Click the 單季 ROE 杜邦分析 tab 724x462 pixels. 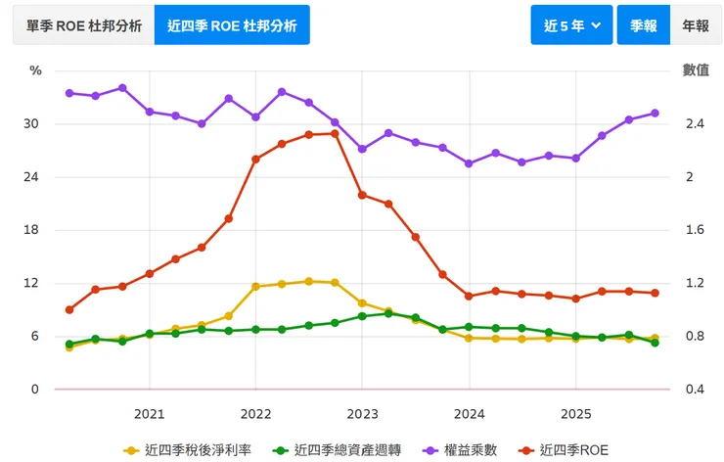click(x=83, y=25)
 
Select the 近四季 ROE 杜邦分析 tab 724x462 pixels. click(x=232, y=25)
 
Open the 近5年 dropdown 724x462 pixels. click(x=571, y=25)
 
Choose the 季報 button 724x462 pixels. click(x=643, y=25)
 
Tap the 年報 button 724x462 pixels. click(x=696, y=25)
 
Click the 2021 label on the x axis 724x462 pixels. click(x=149, y=413)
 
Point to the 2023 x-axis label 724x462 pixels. click(x=362, y=413)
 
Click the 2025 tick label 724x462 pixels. click(x=575, y=413)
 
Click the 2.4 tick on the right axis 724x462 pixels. click(x=695, y=124)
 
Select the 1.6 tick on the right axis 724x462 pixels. click(x=695, y=230)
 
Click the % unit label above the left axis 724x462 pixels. click(x=36, y=70)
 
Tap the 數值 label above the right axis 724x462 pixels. click(x=696, y=70)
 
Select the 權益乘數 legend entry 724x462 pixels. click(x=460, y=450)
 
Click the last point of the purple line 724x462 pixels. click(x=655, y=114)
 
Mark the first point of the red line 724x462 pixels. click(x=69, y=310)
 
